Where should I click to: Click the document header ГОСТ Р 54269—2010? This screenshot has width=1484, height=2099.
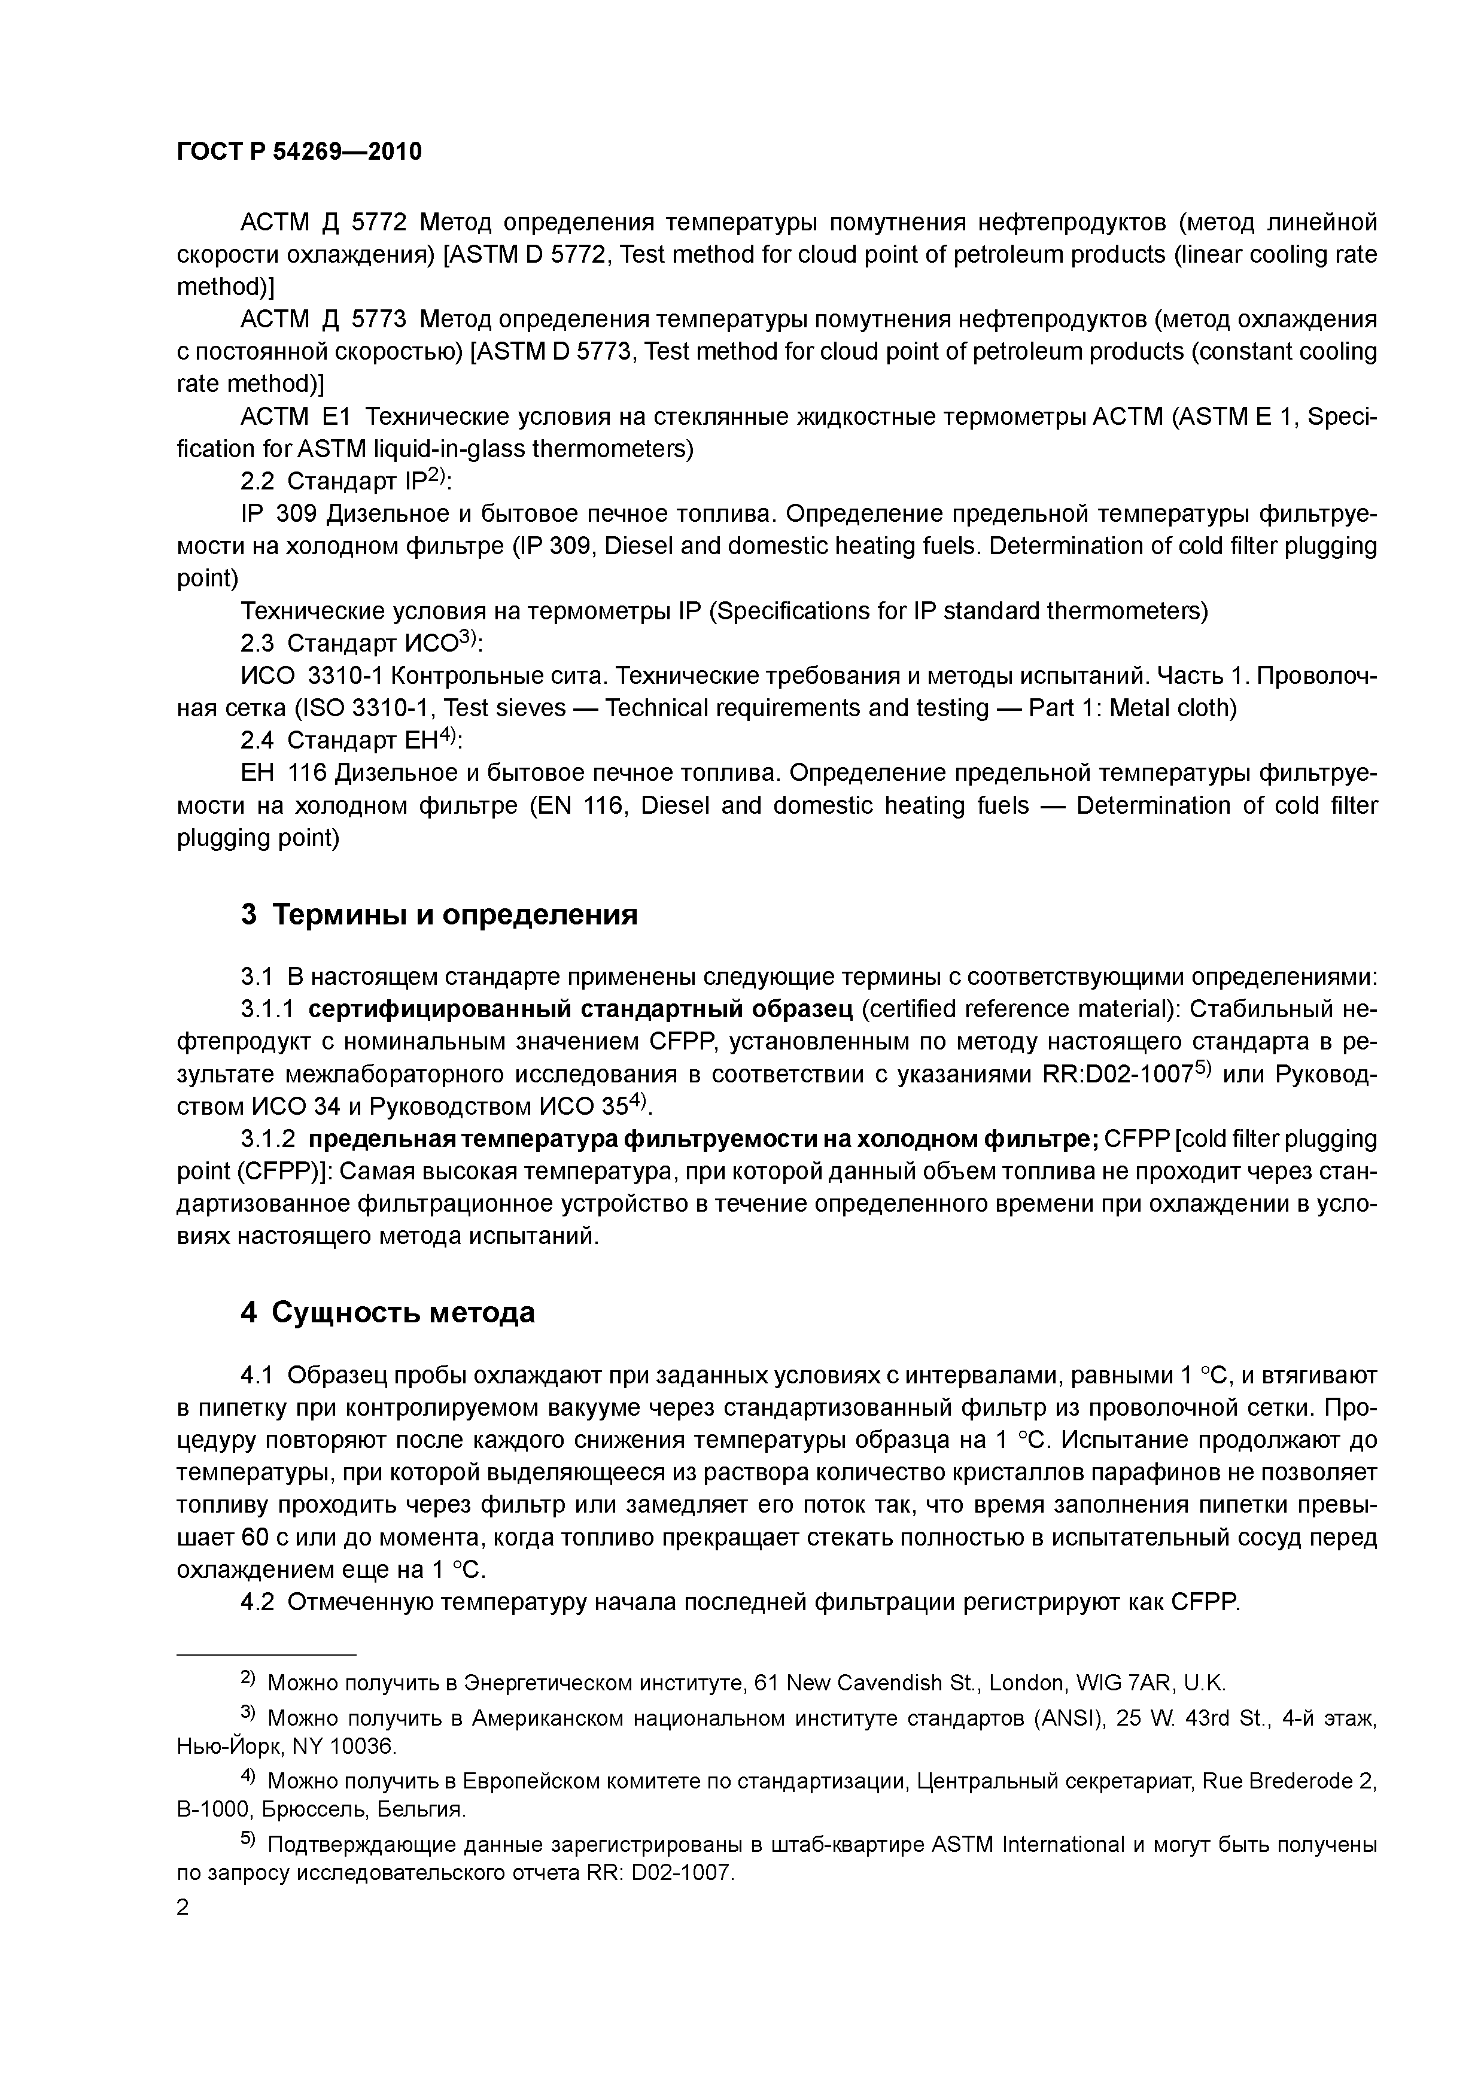pos(299,152)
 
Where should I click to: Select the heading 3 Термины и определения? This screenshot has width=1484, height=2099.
pos(439,914)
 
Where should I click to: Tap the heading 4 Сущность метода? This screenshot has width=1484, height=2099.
pos(388,1312)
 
